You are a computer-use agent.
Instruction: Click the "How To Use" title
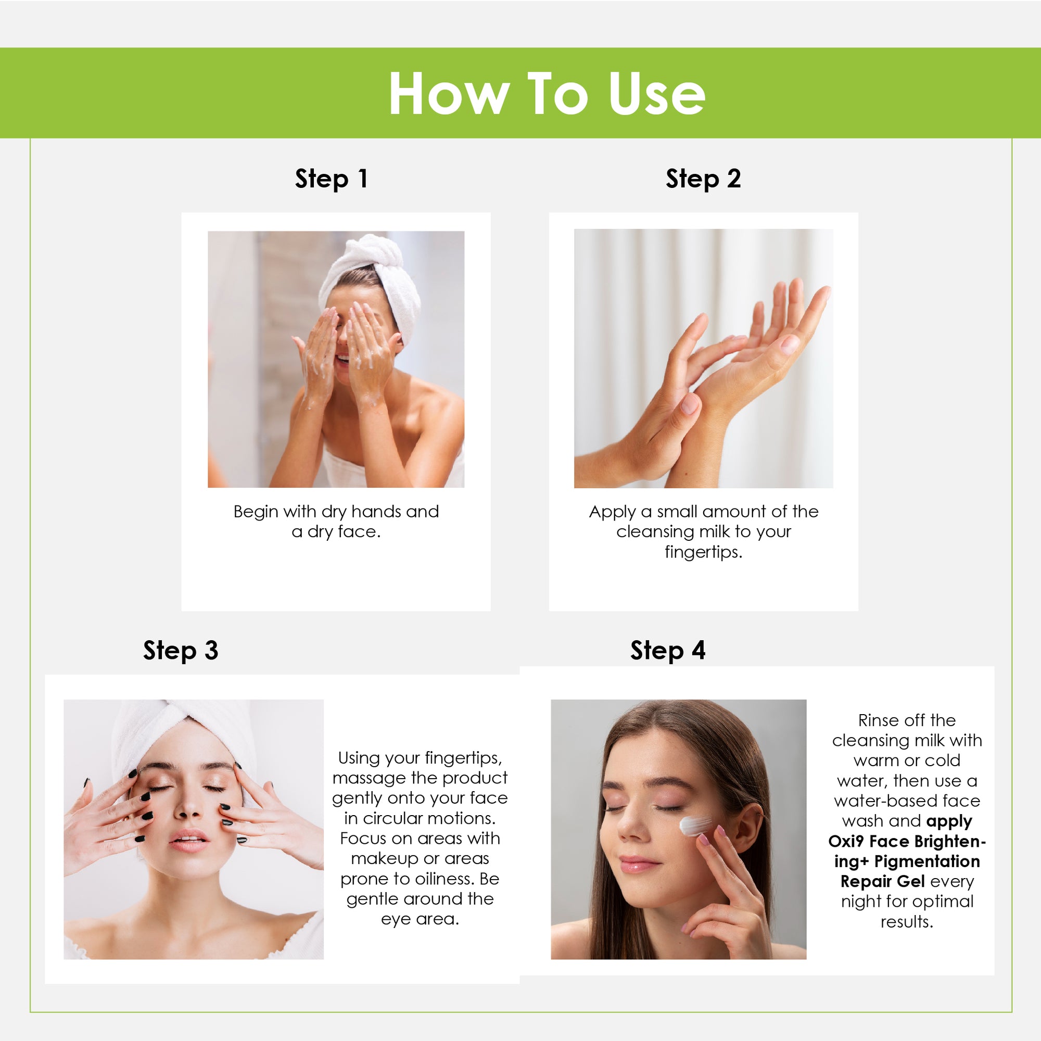(x=547, y=94)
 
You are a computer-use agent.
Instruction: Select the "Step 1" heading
(x=332, y=179)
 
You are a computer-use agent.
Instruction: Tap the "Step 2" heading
(x=703, y=179)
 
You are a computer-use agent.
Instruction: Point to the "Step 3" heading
(x=181, y=650)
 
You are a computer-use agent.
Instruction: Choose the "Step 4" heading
(x=668, y=650)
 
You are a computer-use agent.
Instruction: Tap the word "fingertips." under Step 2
(x=703, y=552)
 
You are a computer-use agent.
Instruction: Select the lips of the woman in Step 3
(x=188, y=840)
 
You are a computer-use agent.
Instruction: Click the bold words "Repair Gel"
(x=882, y=882)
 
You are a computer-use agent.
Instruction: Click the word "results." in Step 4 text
(x=907, y=922)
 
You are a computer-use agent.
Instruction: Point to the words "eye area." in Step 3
(x=420, y=919)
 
